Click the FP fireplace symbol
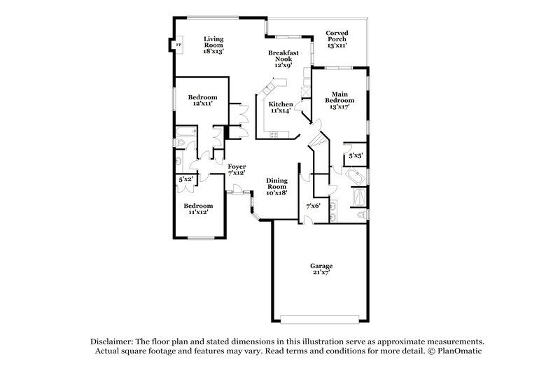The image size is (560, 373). [x=178, y=46]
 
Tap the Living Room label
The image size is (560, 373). [x=213, y=45]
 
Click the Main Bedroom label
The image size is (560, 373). [x=339, y=100]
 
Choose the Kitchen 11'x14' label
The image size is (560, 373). [x=281, y=108]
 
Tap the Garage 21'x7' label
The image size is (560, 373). [x=322, y=269]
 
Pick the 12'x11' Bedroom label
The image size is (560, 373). [x=202, y=100]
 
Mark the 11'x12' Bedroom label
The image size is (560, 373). [x=197, y=208]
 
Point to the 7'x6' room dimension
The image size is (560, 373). [x=313, y=206]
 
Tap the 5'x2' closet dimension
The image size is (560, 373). [x=185, y=180]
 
